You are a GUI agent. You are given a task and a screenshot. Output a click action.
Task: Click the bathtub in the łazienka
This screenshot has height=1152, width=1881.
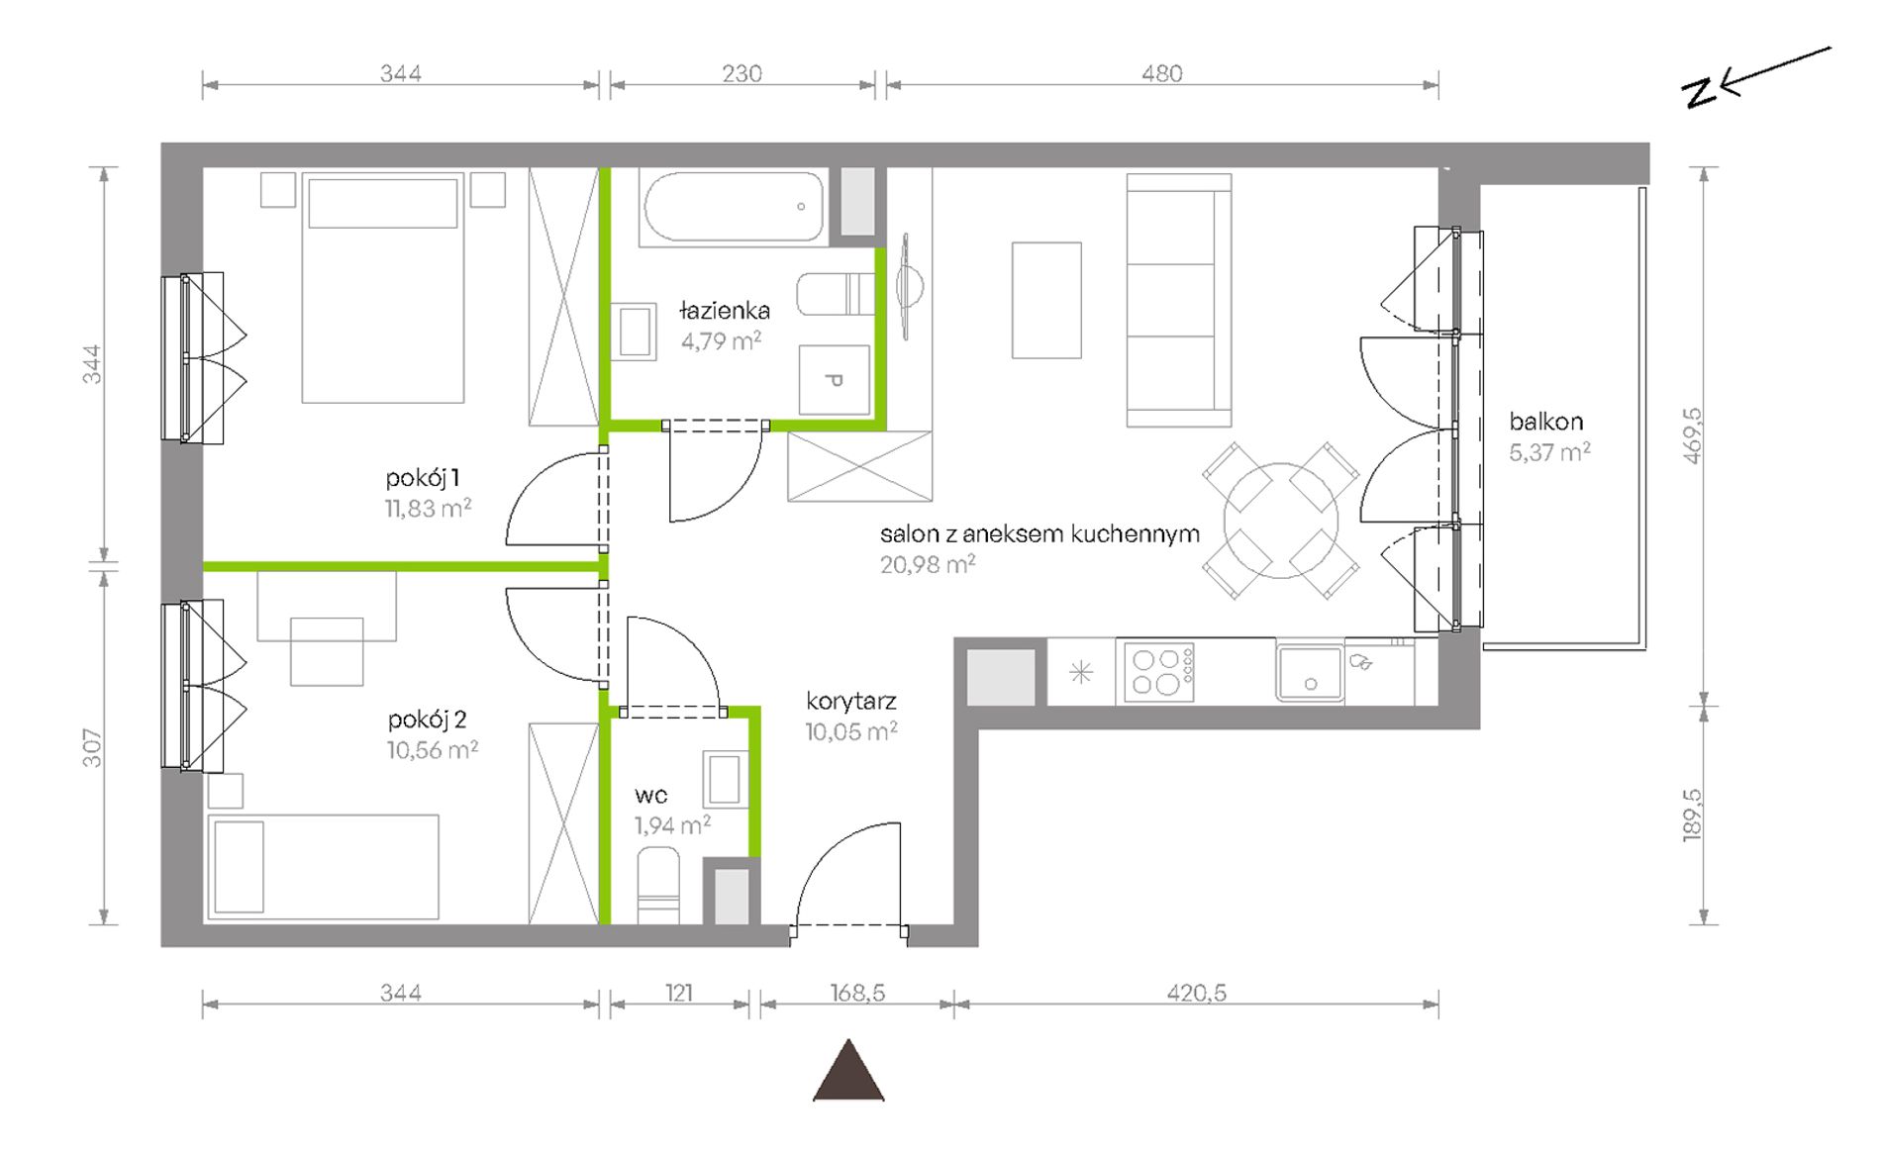tap(734, 207)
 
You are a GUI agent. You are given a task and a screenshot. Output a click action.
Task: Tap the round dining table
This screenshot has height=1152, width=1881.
tap(1280, 521)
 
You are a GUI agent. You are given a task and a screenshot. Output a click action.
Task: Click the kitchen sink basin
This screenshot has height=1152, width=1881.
tap(1309, 673)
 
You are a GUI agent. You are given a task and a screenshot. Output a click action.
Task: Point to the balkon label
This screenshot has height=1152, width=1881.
tap(1545, 422)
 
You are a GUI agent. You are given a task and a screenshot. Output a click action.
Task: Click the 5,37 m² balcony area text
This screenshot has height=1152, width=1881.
tap(1549, 452)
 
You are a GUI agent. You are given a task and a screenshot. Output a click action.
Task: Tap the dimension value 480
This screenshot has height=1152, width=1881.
tap(1162, 73)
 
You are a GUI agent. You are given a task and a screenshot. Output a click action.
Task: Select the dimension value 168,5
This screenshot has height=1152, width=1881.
tap(857, 992)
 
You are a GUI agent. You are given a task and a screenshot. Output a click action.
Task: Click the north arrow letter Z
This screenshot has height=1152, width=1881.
tap(1700, 92)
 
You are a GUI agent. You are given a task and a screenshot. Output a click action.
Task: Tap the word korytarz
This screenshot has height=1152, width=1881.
tap(851, 702)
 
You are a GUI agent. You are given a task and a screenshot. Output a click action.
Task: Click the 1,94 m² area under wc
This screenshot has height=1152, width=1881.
tap(673, 825)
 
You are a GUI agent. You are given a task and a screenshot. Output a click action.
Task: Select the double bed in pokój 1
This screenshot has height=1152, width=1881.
tap(383, 288)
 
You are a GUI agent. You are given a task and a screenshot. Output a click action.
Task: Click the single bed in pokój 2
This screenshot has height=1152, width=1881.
tap(323, 867)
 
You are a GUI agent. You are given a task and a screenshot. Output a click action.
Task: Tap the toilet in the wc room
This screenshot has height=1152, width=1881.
tap(658, 884)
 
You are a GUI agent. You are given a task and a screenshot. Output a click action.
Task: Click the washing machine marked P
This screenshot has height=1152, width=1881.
tap(835, 379)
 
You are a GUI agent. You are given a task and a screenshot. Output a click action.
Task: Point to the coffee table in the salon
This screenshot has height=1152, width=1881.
tap(1046, 300)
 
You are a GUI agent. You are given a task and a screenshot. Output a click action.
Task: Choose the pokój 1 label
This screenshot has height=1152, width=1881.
tap(423, 478)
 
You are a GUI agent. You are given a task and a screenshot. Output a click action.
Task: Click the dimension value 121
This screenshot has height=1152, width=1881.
tap(679, 992)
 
